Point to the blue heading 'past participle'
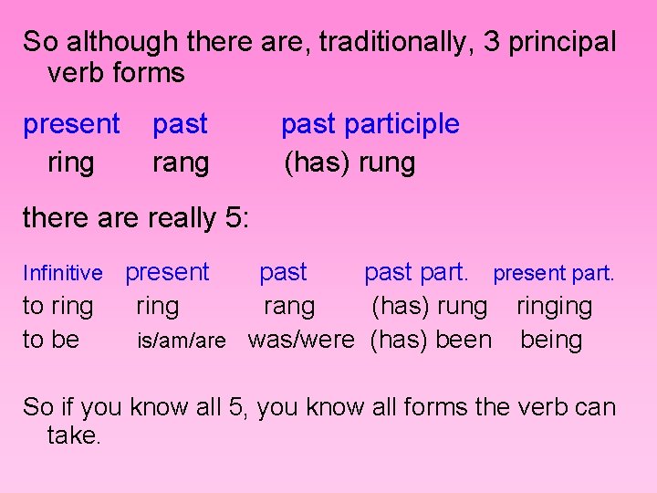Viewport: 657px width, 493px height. coord(370,124)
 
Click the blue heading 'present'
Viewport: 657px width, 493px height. coord(71,124)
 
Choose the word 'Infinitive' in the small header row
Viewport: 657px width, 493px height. coord(62,273)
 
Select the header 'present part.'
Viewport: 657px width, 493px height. coord(554,273)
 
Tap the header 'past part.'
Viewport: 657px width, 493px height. coord(416,272)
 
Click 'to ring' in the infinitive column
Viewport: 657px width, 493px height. coord(57,306)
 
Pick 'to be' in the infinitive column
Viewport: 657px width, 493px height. coord(51,340)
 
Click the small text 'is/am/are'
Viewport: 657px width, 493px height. coord(181,341)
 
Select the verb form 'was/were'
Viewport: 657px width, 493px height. coord(300,340)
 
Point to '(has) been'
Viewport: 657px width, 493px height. coord(431,340)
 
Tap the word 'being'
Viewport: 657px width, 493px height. coord(551,340)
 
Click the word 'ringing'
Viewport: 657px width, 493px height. coord(554,307)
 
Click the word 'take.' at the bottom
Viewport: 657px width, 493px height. coord(74,435)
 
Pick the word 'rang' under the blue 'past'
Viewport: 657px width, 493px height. coord(181,163)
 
